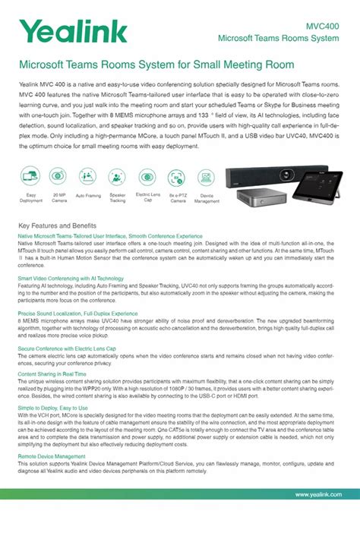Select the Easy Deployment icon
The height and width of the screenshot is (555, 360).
pos(30,176)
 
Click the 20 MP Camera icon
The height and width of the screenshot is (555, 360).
pos(58,176)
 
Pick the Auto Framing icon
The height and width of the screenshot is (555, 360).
pos(87,176)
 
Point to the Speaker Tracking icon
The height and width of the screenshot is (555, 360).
pos(118,176)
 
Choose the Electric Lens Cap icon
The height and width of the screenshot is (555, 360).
pos(147,176)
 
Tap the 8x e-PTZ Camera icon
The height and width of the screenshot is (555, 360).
pos(178,176)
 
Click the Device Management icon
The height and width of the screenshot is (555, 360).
pos(207,176)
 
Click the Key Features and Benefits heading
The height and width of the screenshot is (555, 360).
pos(57,226)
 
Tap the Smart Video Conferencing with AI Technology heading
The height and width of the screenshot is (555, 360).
pos(71,279)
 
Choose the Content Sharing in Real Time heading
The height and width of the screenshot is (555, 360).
pos(52,374)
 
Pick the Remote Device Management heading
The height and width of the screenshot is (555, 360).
pos(49,456)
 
